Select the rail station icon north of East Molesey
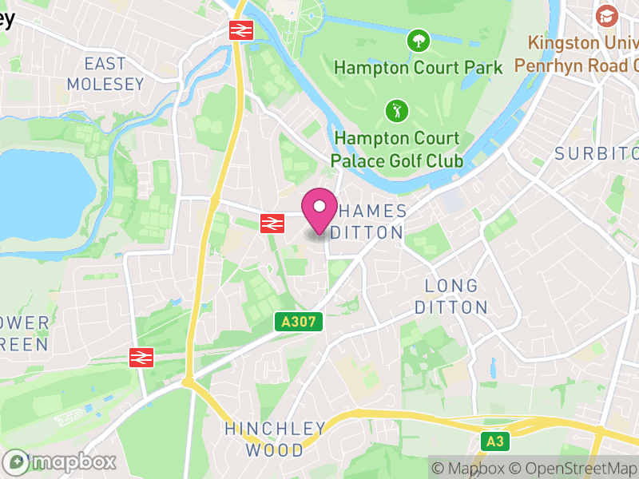[x=241, y=30]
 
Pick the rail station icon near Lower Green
[x=141, y=357]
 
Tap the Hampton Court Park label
[x=418, y=67]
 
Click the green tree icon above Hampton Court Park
[x=418, y=40]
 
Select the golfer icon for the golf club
[x=395, y=109]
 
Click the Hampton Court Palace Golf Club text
[x=398, y=149]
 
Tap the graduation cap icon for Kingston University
[x=607, y=15]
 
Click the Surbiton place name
[x=597, y=153]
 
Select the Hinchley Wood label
[x=275, y=439]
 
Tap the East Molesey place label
[x=105, y=73]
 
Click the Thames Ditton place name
[x=368, y=222]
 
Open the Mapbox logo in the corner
[x=60, y=461]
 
